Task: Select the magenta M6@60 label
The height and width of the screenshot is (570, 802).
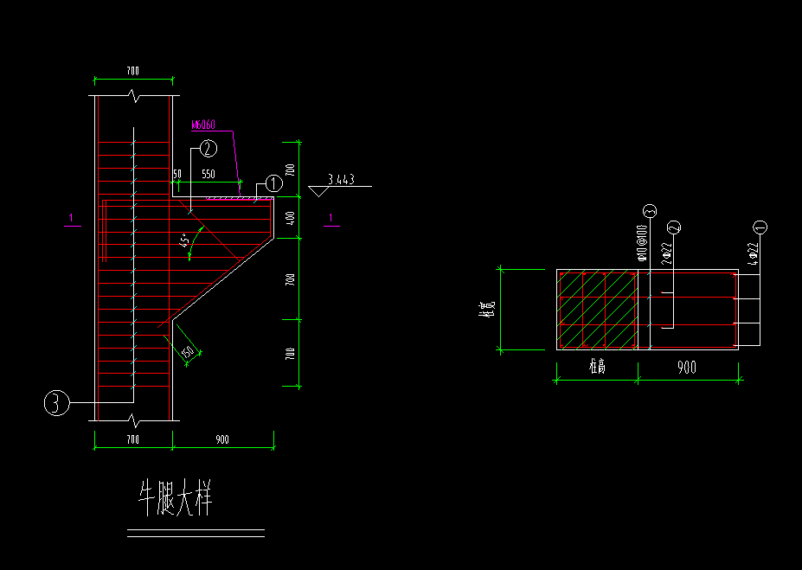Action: pyautogui.click(x=203, y=125)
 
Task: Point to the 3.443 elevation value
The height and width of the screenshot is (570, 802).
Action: pyautogui.click(x=341, y=180)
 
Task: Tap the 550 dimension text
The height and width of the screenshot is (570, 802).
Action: pyautogui.click(x=209, y=174)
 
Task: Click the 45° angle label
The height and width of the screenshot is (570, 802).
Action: pyautogui.click(x=184, y=242)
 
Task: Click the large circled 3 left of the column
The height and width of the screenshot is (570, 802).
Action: pyautogui.click(x=56, y=403)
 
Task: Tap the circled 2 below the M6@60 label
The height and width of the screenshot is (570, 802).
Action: pyautogui.click(x=208, y=149)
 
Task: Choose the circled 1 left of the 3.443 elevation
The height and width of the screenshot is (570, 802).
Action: pyautogui.click(x=273, y=183)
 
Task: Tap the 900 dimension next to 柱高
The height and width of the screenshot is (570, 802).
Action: pyautogui.click(x=686, y=368)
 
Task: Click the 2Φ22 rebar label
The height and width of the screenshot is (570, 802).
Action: pyautogui.click(x=668, y=252)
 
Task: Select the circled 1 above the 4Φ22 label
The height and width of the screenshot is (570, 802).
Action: pyautogui.click(x=760, y=227)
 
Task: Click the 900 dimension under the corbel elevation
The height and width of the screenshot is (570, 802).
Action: pyautogui.click(x=222, y=439)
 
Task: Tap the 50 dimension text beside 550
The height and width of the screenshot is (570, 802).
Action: pyautogui.click(x=177, y=174)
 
